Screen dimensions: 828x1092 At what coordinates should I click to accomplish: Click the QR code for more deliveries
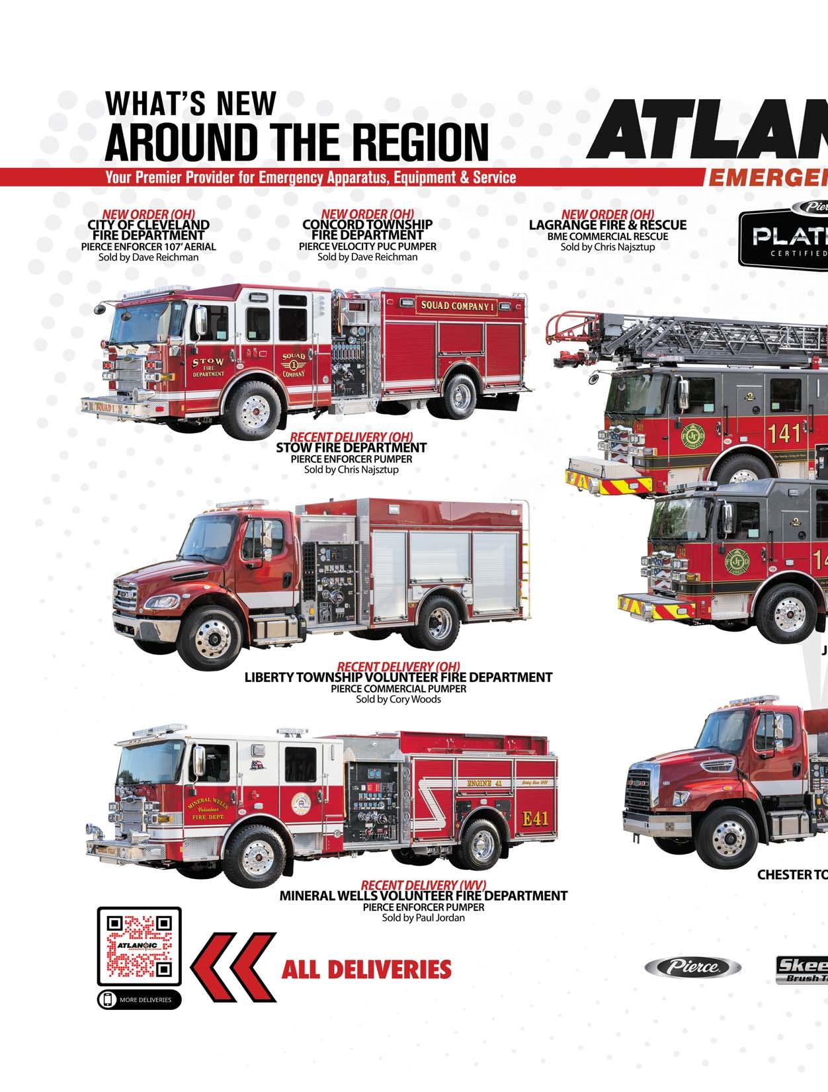139,947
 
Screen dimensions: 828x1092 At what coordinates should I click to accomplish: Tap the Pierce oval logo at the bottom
692,968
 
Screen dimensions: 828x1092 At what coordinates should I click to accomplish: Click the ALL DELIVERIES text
366,970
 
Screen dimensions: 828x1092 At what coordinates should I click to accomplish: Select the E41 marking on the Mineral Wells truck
535,818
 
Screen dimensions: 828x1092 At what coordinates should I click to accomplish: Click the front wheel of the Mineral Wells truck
255,856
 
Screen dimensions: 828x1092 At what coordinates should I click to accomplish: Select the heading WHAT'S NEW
190,104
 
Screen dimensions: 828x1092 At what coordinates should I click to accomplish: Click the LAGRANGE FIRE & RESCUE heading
607,225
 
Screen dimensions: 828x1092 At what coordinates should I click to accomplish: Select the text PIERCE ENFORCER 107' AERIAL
148,246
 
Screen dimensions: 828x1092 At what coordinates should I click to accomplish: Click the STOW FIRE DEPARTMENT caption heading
351,448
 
